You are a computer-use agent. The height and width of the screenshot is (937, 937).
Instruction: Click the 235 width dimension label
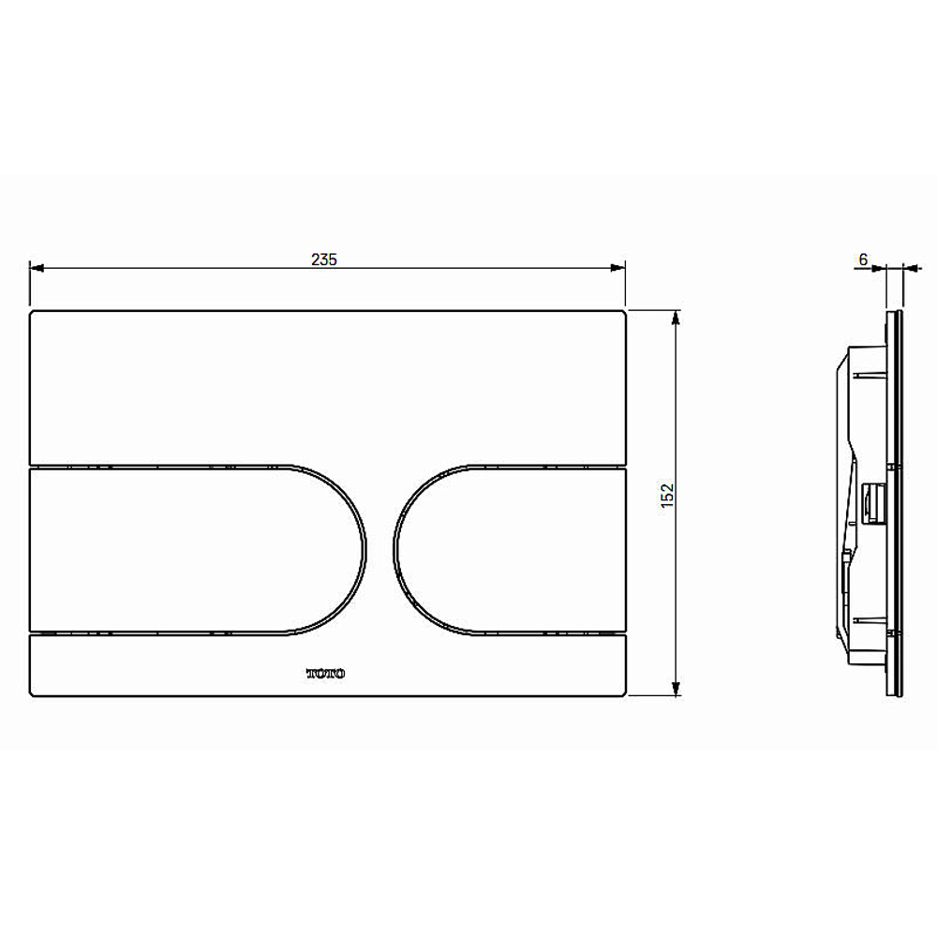coord(324,260)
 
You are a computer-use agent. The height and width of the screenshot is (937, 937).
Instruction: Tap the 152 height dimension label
coord(667,496)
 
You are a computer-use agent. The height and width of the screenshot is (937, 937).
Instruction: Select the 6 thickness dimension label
coord(863,260)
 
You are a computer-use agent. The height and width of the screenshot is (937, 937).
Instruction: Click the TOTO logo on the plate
coord(326,674)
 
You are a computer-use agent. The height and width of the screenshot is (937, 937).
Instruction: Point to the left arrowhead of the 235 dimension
coord(37,268)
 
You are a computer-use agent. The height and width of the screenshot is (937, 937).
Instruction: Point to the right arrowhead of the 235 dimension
coord(617,268)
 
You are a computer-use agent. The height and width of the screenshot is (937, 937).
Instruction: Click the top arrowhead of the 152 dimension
coord(676,318)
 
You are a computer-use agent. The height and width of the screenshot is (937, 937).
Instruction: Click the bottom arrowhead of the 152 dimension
coord(676,689)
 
